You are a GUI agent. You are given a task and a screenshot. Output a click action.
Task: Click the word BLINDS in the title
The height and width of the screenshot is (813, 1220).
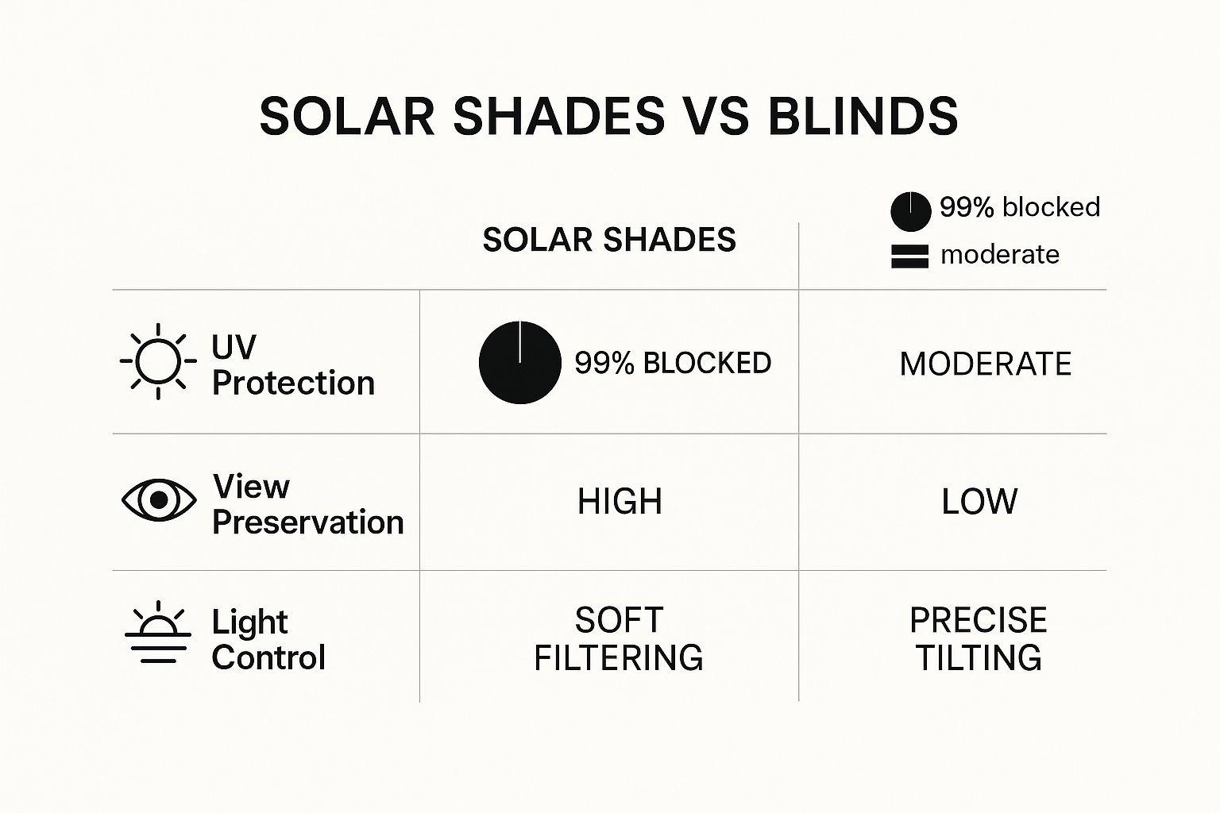pos(863,116)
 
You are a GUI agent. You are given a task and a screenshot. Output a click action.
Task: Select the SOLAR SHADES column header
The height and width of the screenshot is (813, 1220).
pos(609,240)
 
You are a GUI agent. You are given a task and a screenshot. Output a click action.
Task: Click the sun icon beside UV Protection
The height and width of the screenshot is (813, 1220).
pos(158,361)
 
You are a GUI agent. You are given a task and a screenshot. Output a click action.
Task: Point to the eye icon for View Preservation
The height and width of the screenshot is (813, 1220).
pos(159,500)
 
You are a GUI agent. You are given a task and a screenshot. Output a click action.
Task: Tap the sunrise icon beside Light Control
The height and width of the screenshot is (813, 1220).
pos(158,632)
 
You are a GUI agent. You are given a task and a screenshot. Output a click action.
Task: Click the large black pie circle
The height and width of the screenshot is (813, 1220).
pos(519,363)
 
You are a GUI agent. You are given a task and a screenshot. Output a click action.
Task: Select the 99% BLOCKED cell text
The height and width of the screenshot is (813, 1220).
pos(673,363)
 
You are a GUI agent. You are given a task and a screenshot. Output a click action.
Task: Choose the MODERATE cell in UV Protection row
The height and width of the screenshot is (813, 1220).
pos(985,364)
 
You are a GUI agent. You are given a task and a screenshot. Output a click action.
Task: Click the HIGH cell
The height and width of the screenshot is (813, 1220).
pos(620,501)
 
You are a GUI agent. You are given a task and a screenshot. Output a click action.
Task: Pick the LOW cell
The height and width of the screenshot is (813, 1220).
pos(979,501)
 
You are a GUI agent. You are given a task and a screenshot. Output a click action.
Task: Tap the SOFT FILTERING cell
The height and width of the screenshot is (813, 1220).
pos(619,639)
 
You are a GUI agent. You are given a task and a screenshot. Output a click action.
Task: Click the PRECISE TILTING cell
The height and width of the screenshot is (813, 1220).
pos(979,639)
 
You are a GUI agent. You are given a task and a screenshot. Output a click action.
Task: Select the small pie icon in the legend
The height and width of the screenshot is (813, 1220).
pos(911,211)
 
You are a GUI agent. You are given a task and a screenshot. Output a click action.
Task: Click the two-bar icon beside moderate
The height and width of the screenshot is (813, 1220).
pos(910,256)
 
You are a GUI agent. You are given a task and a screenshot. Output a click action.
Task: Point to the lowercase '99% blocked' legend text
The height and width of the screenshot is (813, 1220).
pos(1020,207)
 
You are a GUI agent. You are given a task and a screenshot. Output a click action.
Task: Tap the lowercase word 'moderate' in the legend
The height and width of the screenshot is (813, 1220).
pos(1000,254)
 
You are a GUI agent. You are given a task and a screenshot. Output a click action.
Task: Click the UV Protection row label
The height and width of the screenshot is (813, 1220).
pos(294,364)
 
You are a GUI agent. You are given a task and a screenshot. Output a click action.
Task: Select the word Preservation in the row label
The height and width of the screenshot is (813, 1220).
pos(307,522)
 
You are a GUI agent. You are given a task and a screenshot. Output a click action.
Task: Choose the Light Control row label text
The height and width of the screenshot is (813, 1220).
pos(268,639)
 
